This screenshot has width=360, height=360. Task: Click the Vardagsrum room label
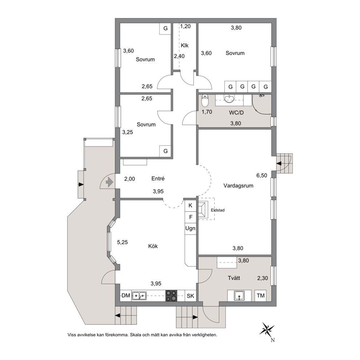pos(238,186)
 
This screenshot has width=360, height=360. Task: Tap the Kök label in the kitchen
pos(153,246)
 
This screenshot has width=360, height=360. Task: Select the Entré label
pos(158,179)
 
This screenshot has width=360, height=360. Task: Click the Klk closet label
pos(185,45)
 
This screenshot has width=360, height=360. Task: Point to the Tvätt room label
pos(234,278)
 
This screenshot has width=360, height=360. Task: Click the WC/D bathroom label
pos(236,113)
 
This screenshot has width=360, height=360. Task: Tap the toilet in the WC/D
pos(205,101)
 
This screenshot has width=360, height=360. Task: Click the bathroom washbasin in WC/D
pos(229,99)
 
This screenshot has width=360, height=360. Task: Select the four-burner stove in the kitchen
pos(171,296)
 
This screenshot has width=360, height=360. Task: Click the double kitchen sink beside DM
pos(139,296)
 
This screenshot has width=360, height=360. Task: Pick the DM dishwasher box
pos(126,296)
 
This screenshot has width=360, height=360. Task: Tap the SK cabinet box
pos(191,296)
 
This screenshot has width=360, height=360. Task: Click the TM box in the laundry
pos(261,296)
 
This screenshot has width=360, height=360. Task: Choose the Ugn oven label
pos(190,228)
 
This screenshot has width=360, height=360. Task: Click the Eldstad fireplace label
pos(218,210)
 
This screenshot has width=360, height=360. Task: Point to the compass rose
pos(267,329)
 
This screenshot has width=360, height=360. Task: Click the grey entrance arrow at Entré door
pos(109,183)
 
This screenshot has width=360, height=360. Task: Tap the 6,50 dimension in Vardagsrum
pos(262,175)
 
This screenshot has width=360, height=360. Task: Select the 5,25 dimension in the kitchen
pos(122,242)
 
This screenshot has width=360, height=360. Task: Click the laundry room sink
pos(239,296)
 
